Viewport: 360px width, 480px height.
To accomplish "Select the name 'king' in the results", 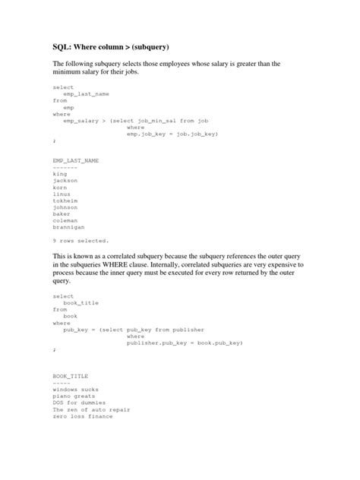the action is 60,174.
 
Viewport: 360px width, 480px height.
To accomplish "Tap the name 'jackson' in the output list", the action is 65,181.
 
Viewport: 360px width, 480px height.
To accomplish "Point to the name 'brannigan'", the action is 68,227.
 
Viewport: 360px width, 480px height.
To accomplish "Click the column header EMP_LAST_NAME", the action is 75,160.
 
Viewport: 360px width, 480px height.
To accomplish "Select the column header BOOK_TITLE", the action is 70,376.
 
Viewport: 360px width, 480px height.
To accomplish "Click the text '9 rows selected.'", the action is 81,241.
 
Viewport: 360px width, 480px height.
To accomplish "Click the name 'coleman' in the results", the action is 65,221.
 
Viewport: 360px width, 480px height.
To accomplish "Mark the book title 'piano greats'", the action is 75,396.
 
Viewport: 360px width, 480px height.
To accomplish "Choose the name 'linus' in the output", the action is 62,194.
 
